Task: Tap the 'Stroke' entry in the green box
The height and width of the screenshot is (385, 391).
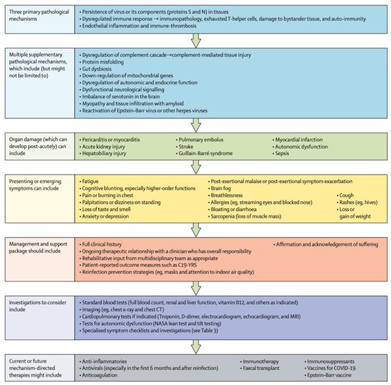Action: point(186,147)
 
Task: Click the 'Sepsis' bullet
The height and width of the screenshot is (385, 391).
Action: point(282,153)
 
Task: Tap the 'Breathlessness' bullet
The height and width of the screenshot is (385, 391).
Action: point(226,195)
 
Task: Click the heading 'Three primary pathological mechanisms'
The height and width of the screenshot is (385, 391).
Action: point(39,15)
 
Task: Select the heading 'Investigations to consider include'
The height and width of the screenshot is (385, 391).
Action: point(38,306)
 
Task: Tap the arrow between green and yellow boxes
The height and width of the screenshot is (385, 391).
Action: point(196,167)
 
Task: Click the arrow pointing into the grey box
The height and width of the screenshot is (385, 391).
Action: point(196,347)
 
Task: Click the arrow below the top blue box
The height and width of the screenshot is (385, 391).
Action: point(196,40)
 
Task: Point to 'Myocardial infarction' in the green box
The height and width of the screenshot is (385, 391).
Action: point(298,139)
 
